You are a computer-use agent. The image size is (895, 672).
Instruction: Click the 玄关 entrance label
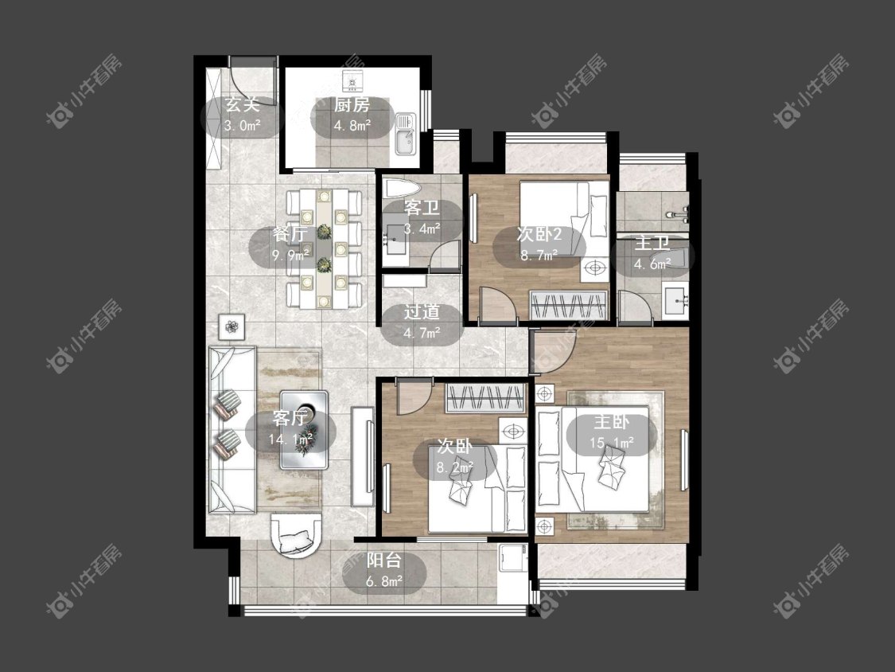(242, 104)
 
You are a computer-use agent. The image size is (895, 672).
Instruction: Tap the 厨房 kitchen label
(352, 104)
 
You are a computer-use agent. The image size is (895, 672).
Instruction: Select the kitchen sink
(405, 134)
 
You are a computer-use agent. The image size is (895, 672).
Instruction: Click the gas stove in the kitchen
(352, 81)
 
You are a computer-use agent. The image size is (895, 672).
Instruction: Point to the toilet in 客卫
(402, 188)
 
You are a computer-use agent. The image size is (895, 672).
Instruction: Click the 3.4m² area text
(422, 229)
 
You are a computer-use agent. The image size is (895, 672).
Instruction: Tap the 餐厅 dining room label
(290, 234)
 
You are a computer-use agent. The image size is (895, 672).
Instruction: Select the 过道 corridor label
(422, 311)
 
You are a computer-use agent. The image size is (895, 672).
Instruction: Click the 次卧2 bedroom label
(539, 234)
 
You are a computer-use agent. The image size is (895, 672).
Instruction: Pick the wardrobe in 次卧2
(569, 305)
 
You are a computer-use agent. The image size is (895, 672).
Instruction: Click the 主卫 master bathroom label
(652, 243)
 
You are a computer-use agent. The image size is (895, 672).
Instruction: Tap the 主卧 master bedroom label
(611, 422)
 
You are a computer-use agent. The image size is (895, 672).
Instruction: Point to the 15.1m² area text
(612, 443)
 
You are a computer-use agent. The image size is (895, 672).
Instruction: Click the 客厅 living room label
(290, 418)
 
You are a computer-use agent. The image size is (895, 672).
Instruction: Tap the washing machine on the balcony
(512, 558)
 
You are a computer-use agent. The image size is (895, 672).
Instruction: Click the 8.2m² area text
(455, 468)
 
